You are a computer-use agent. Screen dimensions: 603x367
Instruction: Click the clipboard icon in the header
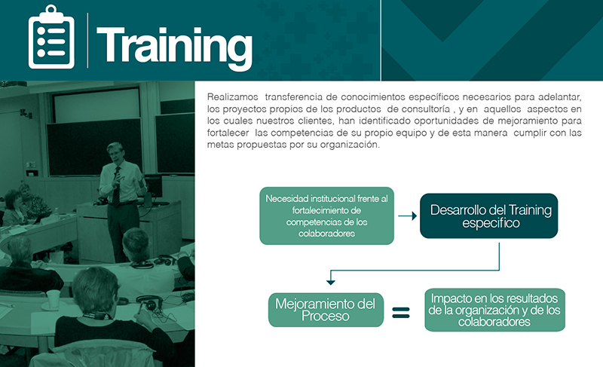(51, 37)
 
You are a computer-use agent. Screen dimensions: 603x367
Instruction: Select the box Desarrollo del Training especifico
(488, 216)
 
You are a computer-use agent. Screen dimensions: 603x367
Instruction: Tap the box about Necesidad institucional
(327, 216)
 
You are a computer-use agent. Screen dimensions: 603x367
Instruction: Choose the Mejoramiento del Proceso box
(326, 310)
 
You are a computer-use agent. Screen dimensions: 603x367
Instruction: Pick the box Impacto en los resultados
(495, 310)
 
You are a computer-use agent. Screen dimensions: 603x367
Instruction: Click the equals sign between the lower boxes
(401, 313)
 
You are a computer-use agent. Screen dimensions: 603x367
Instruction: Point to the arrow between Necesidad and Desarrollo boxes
(408, 216)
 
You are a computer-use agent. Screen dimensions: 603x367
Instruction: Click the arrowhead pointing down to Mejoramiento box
(330, 282)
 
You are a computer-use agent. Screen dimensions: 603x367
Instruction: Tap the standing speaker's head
(115, 152)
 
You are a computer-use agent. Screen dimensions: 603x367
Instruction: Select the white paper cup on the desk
(53, 299)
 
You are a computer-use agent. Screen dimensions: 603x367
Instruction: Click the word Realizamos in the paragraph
(233, 97)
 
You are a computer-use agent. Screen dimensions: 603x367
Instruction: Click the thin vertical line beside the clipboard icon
(87, 41)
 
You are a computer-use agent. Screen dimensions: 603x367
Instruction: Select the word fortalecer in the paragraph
(228, 133)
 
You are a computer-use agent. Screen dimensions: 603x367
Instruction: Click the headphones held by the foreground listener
(149, 302)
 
